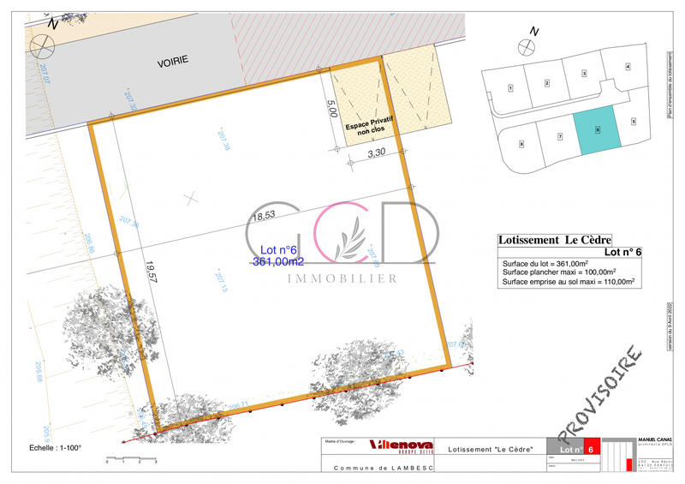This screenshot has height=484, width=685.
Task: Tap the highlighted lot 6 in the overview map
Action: tap(598, 130)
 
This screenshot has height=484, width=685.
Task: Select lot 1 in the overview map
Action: tap(510, 88)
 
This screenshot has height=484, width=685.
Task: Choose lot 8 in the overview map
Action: tap(521, 144)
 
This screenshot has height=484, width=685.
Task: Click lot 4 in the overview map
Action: tap(628, 67)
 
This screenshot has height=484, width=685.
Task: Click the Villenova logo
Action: tap(398, 444)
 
